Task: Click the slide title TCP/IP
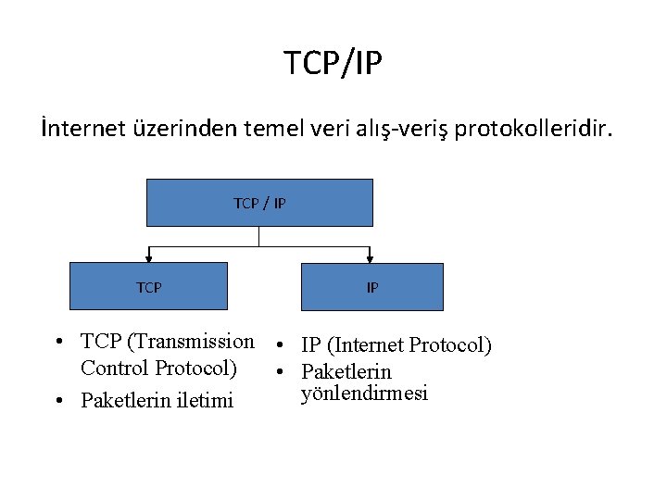pos(333,64)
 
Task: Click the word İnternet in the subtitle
pos(81,128)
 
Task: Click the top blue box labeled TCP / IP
pos(259,203)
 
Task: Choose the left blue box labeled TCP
pos(149,287)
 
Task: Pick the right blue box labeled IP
pos(372,287)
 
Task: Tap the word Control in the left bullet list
pos(115,368)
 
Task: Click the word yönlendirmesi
pos(364,394)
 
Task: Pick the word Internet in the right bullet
pos(366,345)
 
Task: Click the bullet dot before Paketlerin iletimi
pos(58,401)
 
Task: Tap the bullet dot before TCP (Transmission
pos(58,342)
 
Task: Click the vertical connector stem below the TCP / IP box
pos(259,236)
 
